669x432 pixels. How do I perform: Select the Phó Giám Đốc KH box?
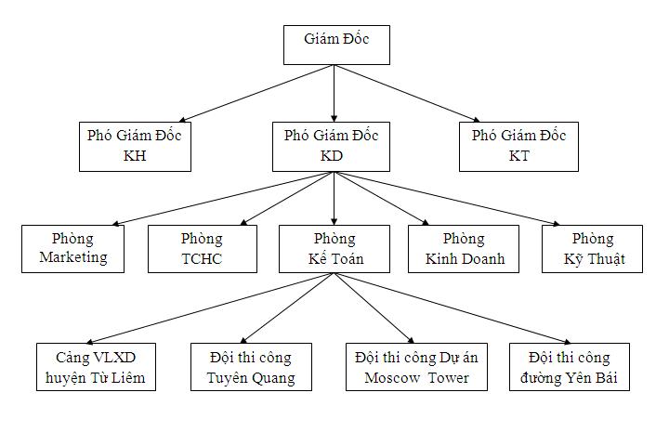click(135, 146)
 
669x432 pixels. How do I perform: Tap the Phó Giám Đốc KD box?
click(332, 146)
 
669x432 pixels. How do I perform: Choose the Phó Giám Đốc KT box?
click(518, 146)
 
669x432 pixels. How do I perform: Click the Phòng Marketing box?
click(73, 248)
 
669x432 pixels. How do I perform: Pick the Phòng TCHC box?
click(202, 248)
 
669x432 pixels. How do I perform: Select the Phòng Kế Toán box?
click(334, 248)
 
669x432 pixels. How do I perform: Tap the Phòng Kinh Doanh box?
click(465, 248)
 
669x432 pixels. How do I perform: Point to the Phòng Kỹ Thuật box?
click(592, 248)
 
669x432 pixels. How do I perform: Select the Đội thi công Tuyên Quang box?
click(251, 367)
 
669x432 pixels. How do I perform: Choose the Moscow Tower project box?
click(416, 367)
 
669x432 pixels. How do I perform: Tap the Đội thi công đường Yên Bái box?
click(569, 367)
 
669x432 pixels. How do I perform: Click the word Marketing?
click(73, 257)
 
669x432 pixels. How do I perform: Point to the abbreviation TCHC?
click(202, 258)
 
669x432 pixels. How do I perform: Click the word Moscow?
click(389, 377)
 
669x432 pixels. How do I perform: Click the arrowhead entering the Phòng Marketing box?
click(115, 222)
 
